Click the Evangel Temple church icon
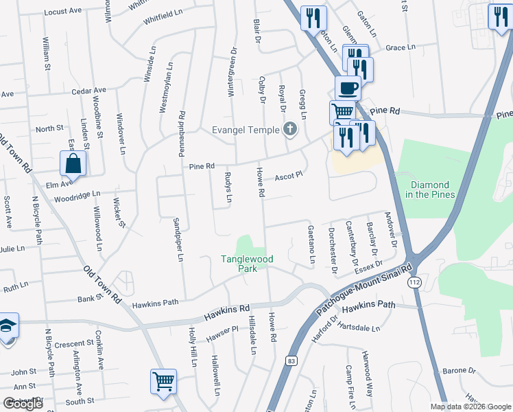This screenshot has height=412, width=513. tap(290, 129)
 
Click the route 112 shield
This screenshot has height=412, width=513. tap(413, 282)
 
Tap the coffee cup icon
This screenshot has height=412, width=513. tap(348, 88)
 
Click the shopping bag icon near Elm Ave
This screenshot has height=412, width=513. tap(73, 165)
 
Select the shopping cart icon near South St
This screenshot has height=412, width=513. tap(163, 380)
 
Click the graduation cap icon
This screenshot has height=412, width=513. tap(7, 326)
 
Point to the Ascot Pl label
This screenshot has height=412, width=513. tap(289, 176)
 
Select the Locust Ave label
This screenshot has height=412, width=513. tap(62, 12)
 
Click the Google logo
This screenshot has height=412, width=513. tap(23, 403)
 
